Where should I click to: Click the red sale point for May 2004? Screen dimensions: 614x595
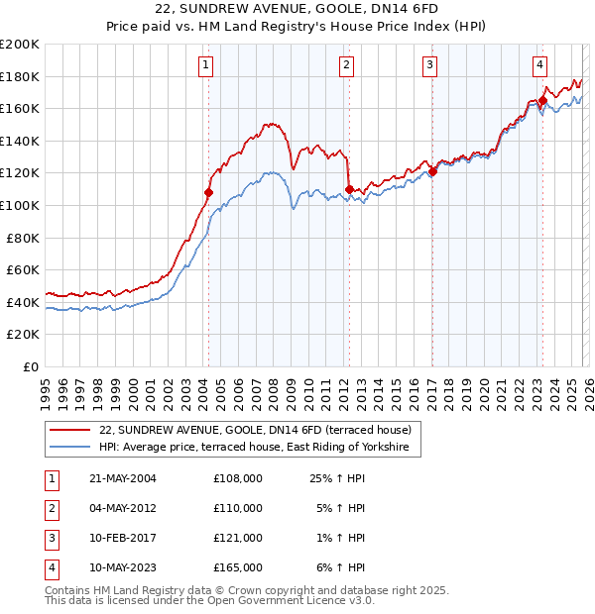209,192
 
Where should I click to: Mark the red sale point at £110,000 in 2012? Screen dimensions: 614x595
349,189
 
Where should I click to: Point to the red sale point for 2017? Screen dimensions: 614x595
432,171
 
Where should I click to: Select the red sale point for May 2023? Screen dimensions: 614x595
542,100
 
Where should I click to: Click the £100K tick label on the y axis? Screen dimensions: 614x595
20,205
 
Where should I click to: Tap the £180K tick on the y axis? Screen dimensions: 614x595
20,76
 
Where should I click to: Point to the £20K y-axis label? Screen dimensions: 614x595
23,334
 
